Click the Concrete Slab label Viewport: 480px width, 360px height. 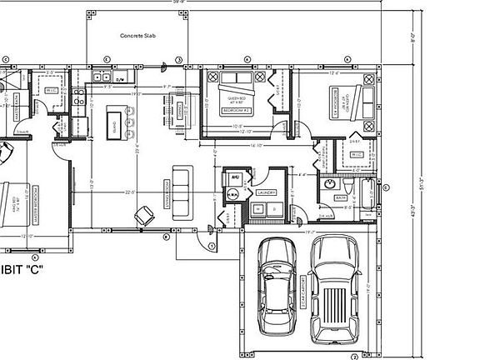pyautogui.click(x=137, y=37)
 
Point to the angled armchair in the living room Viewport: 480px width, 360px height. pyautogui.click(x=144, y=215)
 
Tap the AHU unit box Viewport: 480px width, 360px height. pyautogui.click(x=234, y=177)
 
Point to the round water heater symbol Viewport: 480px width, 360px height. pyautogui.click(x=233, y=192)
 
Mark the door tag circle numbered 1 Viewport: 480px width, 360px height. pyautogui.click(x=212, y=246)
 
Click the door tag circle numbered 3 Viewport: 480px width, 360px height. pyautogui.click(x=178, y=60)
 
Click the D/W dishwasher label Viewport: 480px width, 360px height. pyautogui.click(x=121, y=79)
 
